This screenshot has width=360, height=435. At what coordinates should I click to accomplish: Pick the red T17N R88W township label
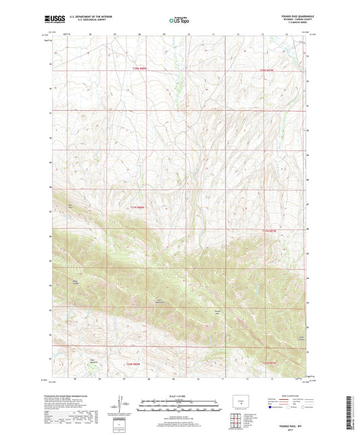138,207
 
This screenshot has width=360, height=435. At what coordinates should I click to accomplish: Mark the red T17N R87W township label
269,230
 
